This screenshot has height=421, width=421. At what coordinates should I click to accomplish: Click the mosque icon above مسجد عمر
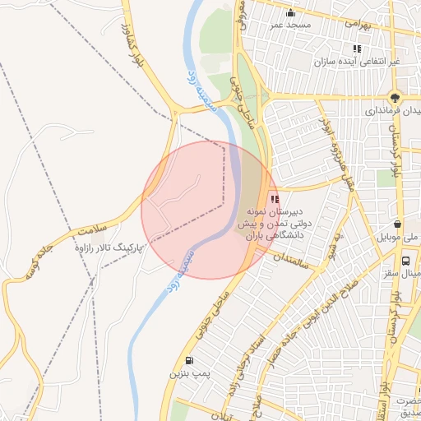[290, 12]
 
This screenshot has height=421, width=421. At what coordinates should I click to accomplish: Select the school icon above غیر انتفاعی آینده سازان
[357, 49]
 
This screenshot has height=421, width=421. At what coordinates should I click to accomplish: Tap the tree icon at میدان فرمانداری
[397, 96]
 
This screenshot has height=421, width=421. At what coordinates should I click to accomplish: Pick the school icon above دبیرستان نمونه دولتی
[274, 197]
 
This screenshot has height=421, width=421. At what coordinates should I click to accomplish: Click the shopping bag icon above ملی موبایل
[397, 224]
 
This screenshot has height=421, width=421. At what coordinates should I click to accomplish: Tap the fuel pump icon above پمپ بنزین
[191, 360]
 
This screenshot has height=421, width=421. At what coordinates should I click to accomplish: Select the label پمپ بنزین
[185, 374]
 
